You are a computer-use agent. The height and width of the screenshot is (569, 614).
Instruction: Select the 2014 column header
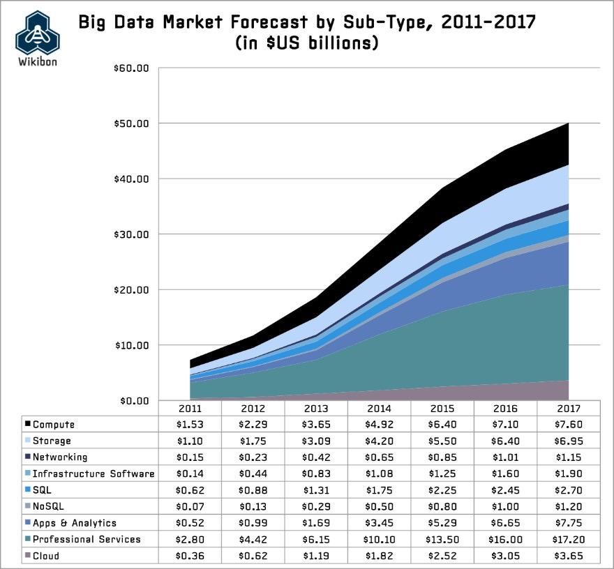379,408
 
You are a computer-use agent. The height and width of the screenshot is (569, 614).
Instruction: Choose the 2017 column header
569,408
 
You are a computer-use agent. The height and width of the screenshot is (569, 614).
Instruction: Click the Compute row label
54,425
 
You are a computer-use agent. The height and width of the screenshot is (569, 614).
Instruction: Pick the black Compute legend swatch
27,425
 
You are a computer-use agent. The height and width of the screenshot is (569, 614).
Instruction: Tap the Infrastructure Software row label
93,474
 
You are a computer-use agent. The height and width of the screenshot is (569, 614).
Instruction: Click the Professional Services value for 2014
379,539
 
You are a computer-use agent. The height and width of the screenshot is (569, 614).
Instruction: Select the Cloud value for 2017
569,556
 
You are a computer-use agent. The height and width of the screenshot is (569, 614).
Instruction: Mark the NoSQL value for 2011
189,507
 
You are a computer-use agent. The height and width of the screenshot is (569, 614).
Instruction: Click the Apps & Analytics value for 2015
442,523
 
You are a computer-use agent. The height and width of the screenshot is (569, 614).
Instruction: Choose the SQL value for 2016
506,490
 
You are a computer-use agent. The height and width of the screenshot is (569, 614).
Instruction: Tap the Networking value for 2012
253,457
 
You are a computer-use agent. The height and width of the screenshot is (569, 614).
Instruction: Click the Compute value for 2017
569,425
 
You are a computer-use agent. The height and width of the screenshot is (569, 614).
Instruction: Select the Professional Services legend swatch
27,539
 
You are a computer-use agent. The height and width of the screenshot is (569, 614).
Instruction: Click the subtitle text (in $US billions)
307,43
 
